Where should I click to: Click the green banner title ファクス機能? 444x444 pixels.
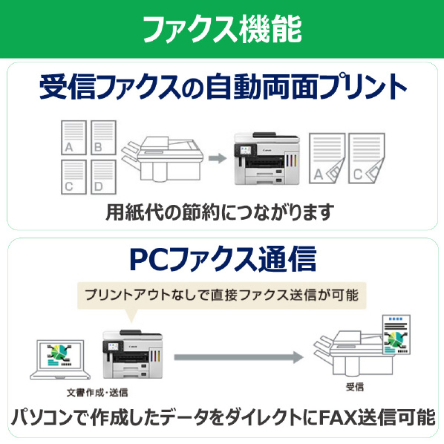222,29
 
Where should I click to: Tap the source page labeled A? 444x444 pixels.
74,137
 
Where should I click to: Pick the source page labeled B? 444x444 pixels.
103,137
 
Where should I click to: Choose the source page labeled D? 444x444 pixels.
103,177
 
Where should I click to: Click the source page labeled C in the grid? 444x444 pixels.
74,177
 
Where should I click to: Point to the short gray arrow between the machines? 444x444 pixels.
218,158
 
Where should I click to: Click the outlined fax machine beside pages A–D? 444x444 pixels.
163,159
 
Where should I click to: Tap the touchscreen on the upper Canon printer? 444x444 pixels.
245,150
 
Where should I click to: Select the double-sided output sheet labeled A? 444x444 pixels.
327,158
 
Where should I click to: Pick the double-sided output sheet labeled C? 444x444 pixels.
367,158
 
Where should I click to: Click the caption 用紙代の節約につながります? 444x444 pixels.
220,212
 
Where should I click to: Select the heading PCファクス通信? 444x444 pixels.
223,259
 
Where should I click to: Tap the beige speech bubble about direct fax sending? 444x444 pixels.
222,296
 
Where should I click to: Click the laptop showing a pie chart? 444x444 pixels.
60,359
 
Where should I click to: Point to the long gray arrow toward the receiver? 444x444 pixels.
239,357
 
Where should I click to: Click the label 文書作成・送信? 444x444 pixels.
97,393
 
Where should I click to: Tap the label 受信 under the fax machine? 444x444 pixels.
355,387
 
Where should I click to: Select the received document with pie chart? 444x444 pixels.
396,334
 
